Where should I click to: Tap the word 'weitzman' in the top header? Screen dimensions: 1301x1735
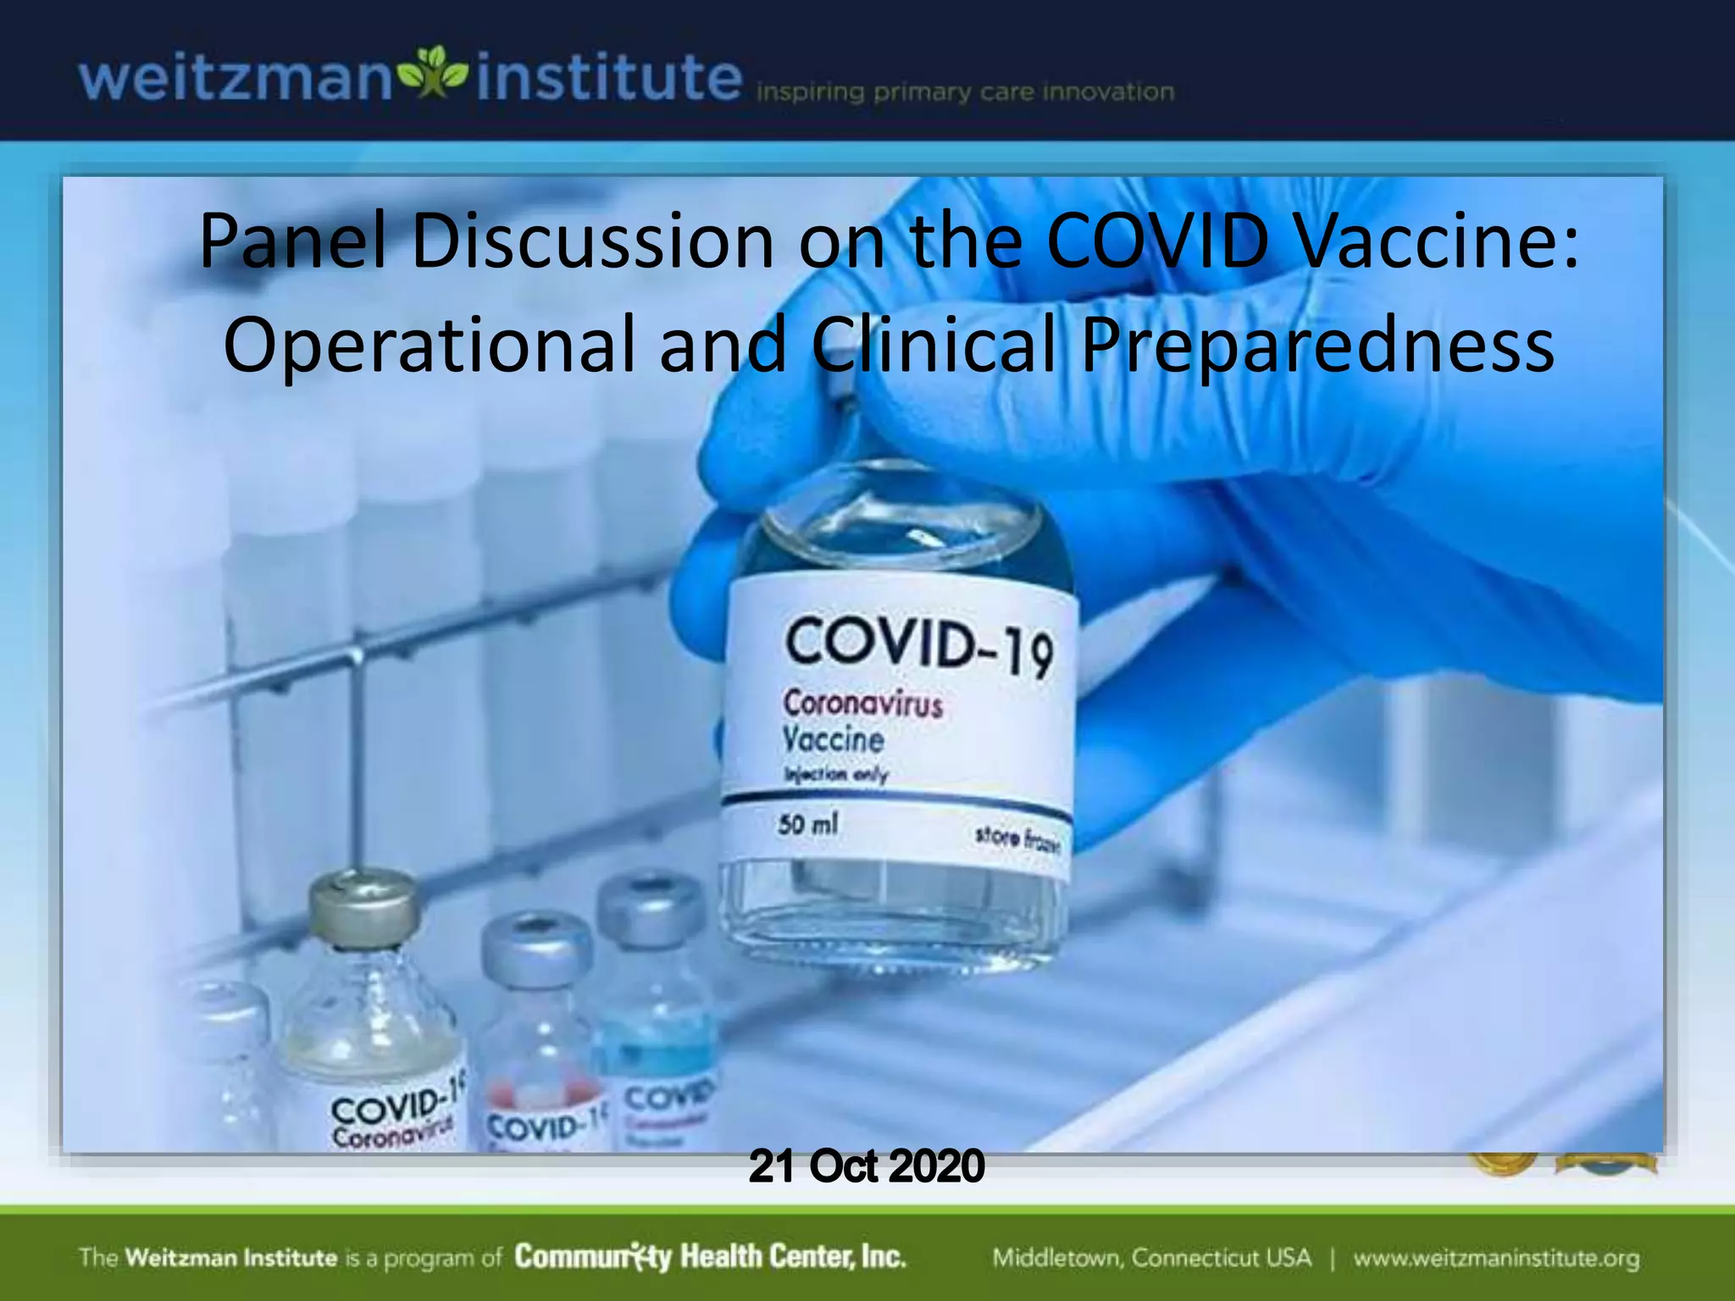coord(236,79)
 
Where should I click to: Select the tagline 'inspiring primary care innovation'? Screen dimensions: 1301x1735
coord(965,91)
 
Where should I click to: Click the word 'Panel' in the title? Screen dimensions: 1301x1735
coord(292,241)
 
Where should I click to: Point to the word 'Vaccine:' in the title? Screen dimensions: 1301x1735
coord(1437,241)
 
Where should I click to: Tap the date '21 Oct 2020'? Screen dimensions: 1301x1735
coord(867,1165)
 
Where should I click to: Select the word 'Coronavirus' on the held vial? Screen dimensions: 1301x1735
coord(862,703)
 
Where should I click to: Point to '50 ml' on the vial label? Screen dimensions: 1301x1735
coord(807,823)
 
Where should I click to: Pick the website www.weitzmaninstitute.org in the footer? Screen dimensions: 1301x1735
coord(1496,1258)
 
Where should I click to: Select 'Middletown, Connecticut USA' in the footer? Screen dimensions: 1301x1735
coord(1151,1258)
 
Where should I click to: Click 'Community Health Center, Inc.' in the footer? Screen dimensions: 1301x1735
coord(710,1256)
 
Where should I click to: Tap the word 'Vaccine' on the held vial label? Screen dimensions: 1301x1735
coord(833,739)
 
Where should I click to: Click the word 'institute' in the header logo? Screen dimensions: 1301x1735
coord(608,77)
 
